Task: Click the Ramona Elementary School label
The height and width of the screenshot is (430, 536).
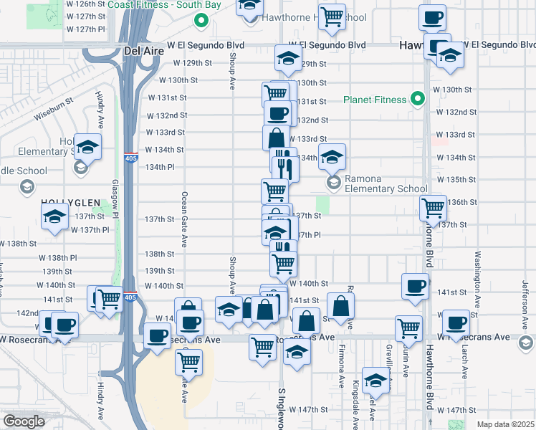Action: tap(386, 184)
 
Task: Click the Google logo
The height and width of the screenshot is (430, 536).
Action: tap(24, 421)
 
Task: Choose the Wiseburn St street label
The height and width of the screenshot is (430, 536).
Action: tap(55, 109)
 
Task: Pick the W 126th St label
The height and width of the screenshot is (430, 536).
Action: tap(85, 4)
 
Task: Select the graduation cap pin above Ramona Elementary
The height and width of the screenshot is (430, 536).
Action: tap(332, 156)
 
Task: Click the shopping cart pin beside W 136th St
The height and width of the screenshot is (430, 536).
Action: tap(433, 208)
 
